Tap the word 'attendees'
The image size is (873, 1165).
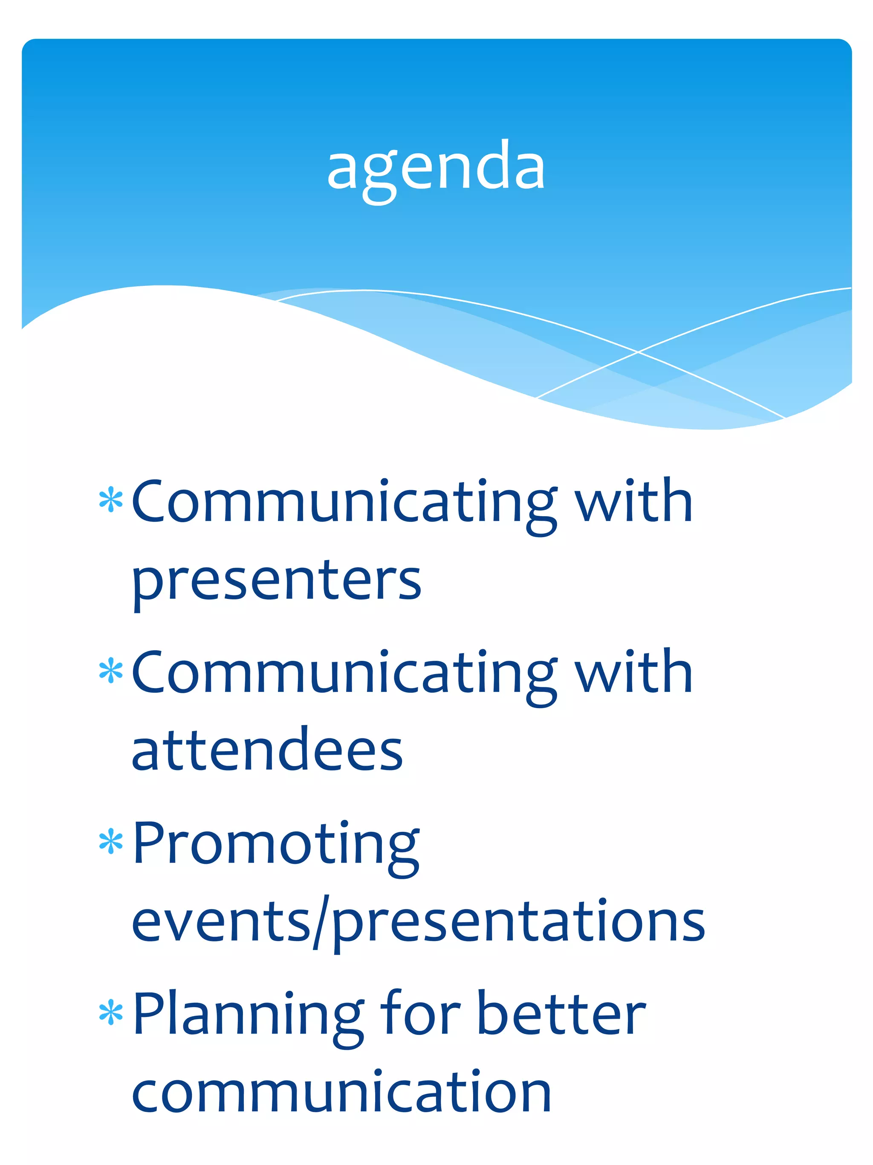[x=267, y=750]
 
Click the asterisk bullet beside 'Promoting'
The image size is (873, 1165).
[x=111, y=841]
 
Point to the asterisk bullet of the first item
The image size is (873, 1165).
[x=111, y=500]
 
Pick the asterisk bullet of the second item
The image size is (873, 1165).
[x=111, y=671]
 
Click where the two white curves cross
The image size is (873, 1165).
[x=638, y=351]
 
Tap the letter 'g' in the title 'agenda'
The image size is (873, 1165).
[x=380, y=177]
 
